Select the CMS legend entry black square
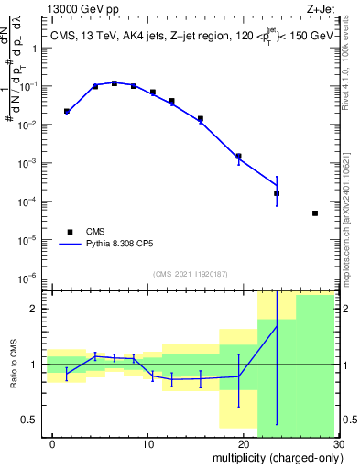coord(68,232)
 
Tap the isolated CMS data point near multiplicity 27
coord(315,213)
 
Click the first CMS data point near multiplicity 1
coord(67,111)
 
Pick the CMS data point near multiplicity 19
coord(238,157)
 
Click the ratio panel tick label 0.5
coord(33,420)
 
